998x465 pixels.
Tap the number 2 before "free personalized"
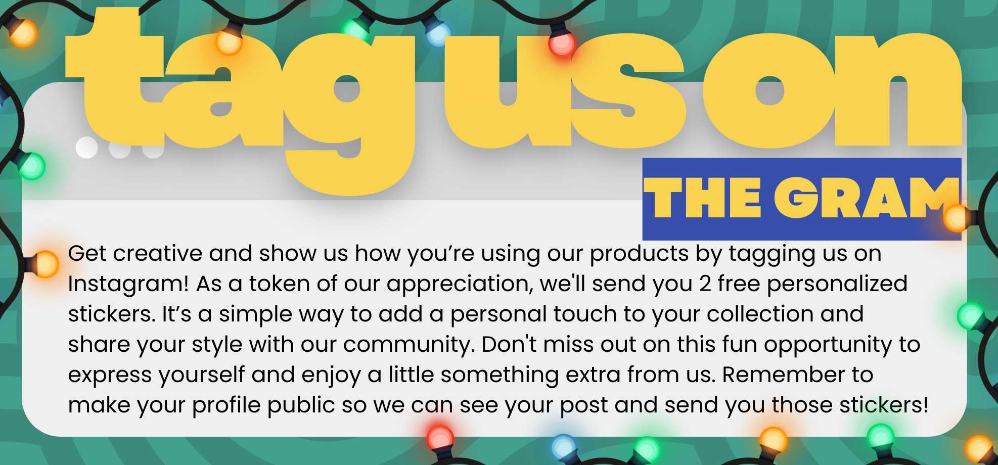point(705,284)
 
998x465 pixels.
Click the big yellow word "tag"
point(240,101)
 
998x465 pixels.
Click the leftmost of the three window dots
point(86,148)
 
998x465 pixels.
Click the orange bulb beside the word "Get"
point(45,264)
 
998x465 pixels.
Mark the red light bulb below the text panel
point(440,437)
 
